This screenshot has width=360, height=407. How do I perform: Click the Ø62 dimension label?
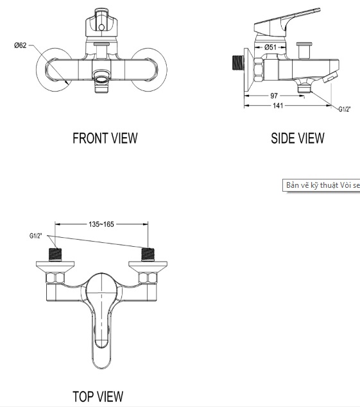tap(20, 46)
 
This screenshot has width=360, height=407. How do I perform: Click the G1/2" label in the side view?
tap(345, 109)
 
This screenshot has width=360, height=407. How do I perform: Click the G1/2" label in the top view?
tap(36, 236)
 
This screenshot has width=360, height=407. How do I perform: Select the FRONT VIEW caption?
tap(105, 138)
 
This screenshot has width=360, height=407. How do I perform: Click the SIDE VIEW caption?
tap(297, 138)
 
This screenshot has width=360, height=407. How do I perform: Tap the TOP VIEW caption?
tap(98, 397)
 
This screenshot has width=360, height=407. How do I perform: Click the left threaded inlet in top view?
tap(56, 254)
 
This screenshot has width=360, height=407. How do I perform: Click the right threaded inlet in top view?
tap(149, 254)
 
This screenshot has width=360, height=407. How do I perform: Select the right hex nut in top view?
tap(150, 279)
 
